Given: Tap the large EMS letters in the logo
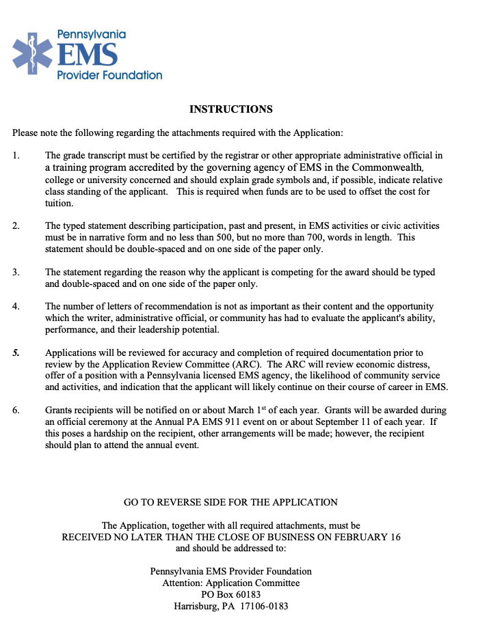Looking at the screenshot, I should (87, 55).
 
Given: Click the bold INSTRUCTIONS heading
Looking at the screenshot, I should (230, 109).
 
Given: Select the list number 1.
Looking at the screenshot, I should (16, 156).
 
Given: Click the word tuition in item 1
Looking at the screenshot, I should (59, 203).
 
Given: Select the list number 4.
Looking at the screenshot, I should (16, 307).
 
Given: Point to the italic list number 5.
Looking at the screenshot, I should (16, 353).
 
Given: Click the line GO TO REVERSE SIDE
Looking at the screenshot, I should (230, 502).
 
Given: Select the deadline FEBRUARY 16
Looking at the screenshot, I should (370, 537).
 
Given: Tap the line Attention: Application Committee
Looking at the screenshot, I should (230, 583).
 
